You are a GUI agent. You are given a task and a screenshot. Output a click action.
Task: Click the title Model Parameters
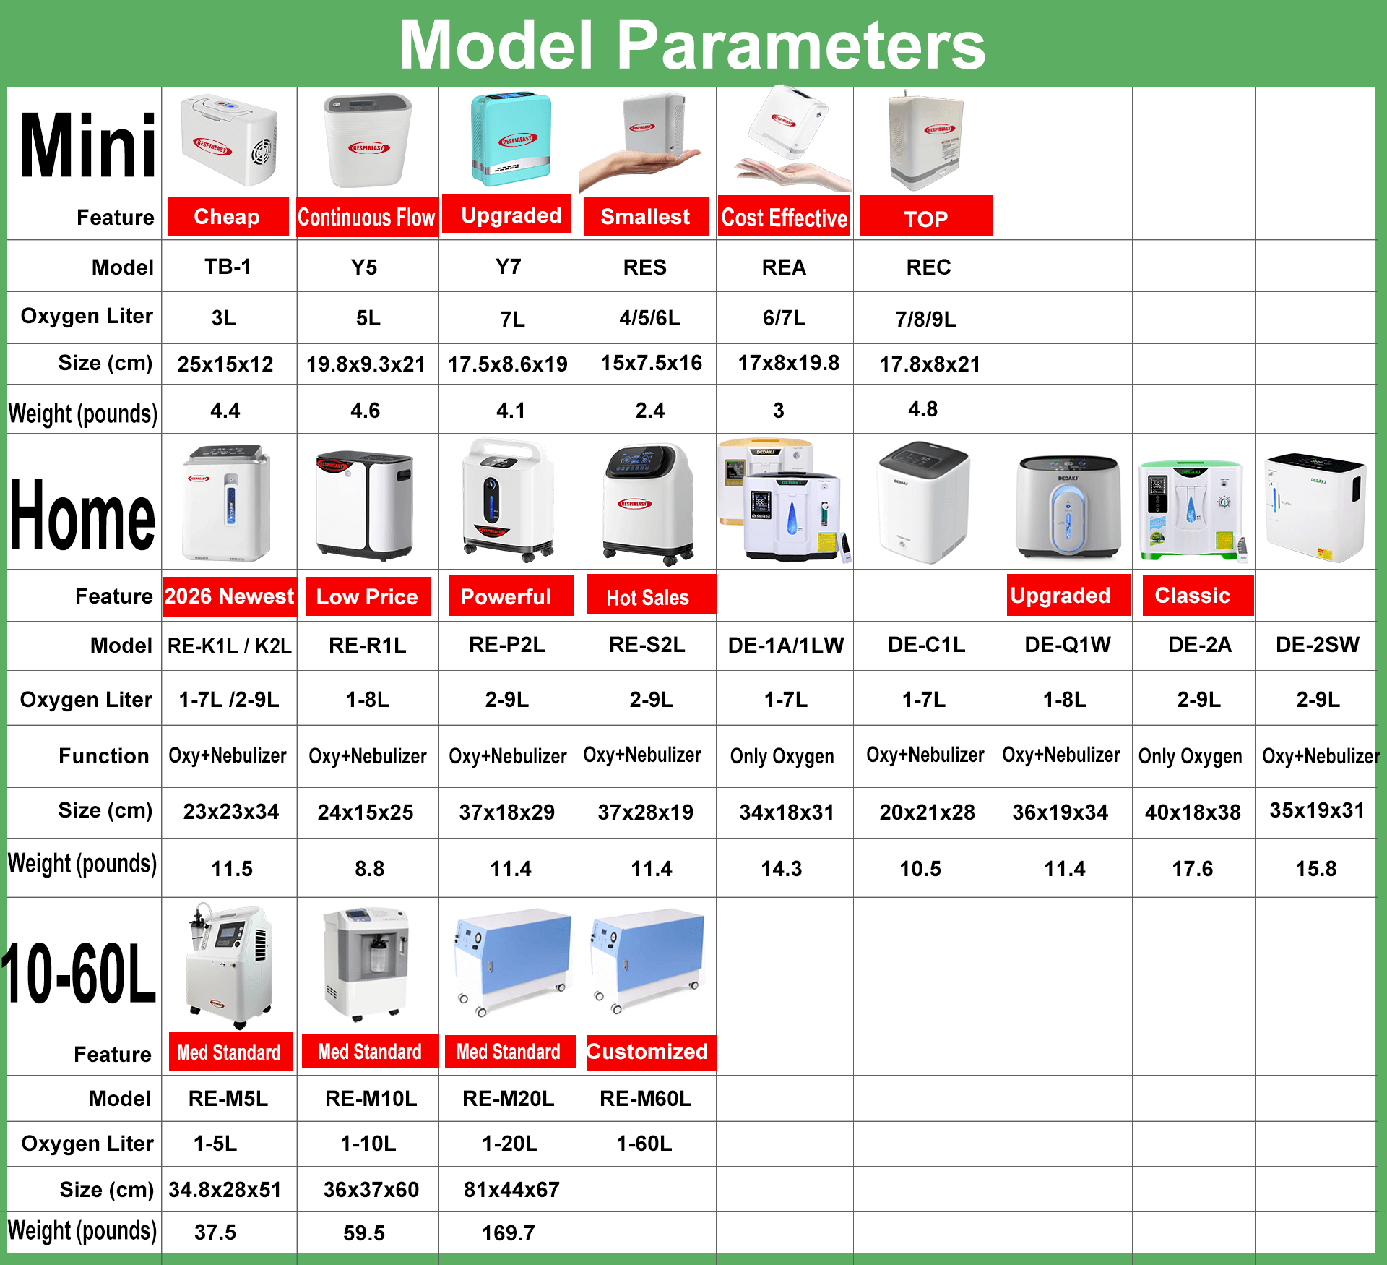coord(692,45)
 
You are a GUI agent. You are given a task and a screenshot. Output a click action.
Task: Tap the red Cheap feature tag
coord(228,216)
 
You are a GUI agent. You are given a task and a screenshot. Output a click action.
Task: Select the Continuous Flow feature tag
coord(367,217)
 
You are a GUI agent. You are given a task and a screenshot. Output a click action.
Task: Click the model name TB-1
coord(228,267)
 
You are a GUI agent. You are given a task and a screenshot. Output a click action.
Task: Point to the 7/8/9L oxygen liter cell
coord(925,319)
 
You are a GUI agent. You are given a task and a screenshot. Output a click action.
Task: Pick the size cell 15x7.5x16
coord(651,363)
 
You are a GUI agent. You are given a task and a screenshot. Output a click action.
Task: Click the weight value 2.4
coord(650,411)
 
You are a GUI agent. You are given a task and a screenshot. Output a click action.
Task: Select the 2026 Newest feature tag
coord(230,596)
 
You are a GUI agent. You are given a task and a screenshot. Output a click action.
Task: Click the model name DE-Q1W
coord(1068,645)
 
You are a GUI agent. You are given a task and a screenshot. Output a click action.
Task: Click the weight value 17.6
coord(1192,868)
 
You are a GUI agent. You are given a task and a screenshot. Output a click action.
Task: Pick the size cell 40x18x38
coord(1193,812)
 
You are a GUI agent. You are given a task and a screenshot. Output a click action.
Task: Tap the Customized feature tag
coord(647,1052)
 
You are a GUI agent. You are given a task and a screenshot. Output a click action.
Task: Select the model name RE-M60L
coord(645,1099)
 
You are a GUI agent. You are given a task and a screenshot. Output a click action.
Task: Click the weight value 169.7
coord(509,1232)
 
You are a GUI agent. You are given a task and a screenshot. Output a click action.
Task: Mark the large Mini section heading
coord(87,145)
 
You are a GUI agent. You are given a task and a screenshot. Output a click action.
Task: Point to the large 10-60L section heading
coord(79,973)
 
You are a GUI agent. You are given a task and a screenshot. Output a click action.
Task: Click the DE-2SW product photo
coord(1315,506)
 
